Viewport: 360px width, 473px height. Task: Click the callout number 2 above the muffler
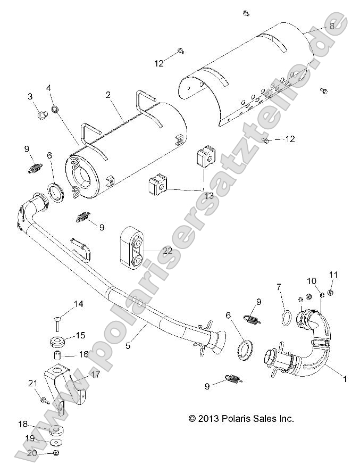(x=108, y=95)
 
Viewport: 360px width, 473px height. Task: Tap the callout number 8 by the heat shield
(x=332, y=26)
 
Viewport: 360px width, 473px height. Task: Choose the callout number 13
(x=209, y=196)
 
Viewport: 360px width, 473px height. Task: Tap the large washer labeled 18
(x=56, y=429)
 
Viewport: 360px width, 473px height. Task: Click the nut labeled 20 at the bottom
(x=56, y=453)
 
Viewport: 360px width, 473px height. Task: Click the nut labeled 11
(x=331, y=292)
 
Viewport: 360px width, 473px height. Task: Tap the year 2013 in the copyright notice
(x=211, y=419)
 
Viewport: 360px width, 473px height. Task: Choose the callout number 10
(x=312, y=280)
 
